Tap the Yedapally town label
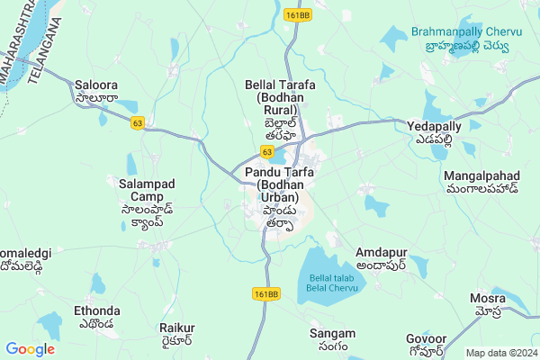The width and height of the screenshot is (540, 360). [x=434, y=132]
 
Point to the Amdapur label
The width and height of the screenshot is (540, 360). [x=381, y=258]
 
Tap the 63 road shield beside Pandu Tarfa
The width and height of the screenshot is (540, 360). [x=268, y=152]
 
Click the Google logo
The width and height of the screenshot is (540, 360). [x=30, y=348]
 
